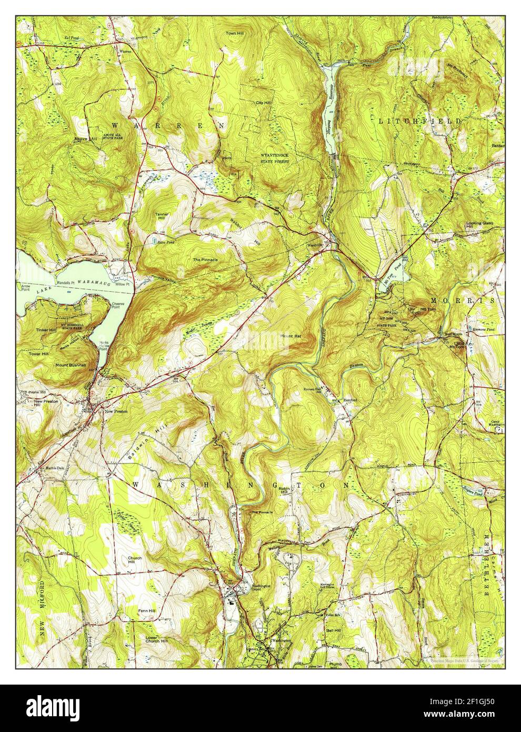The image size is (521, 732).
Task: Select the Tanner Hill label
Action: (x=162, y=217)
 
